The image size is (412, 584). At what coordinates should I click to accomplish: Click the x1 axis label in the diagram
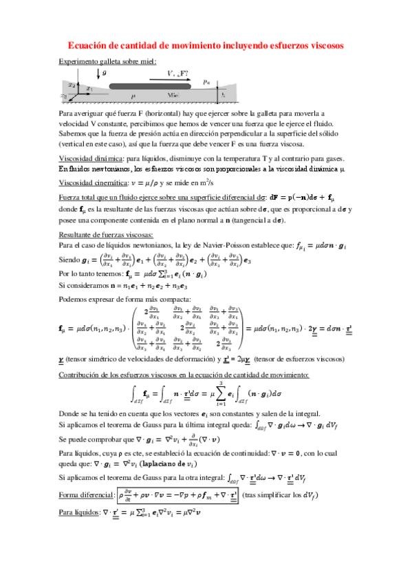tap(89, 89)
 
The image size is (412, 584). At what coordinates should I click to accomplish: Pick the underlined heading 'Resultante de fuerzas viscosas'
tap(107, 235)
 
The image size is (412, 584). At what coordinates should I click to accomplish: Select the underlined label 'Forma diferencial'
tap(86, 494)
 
